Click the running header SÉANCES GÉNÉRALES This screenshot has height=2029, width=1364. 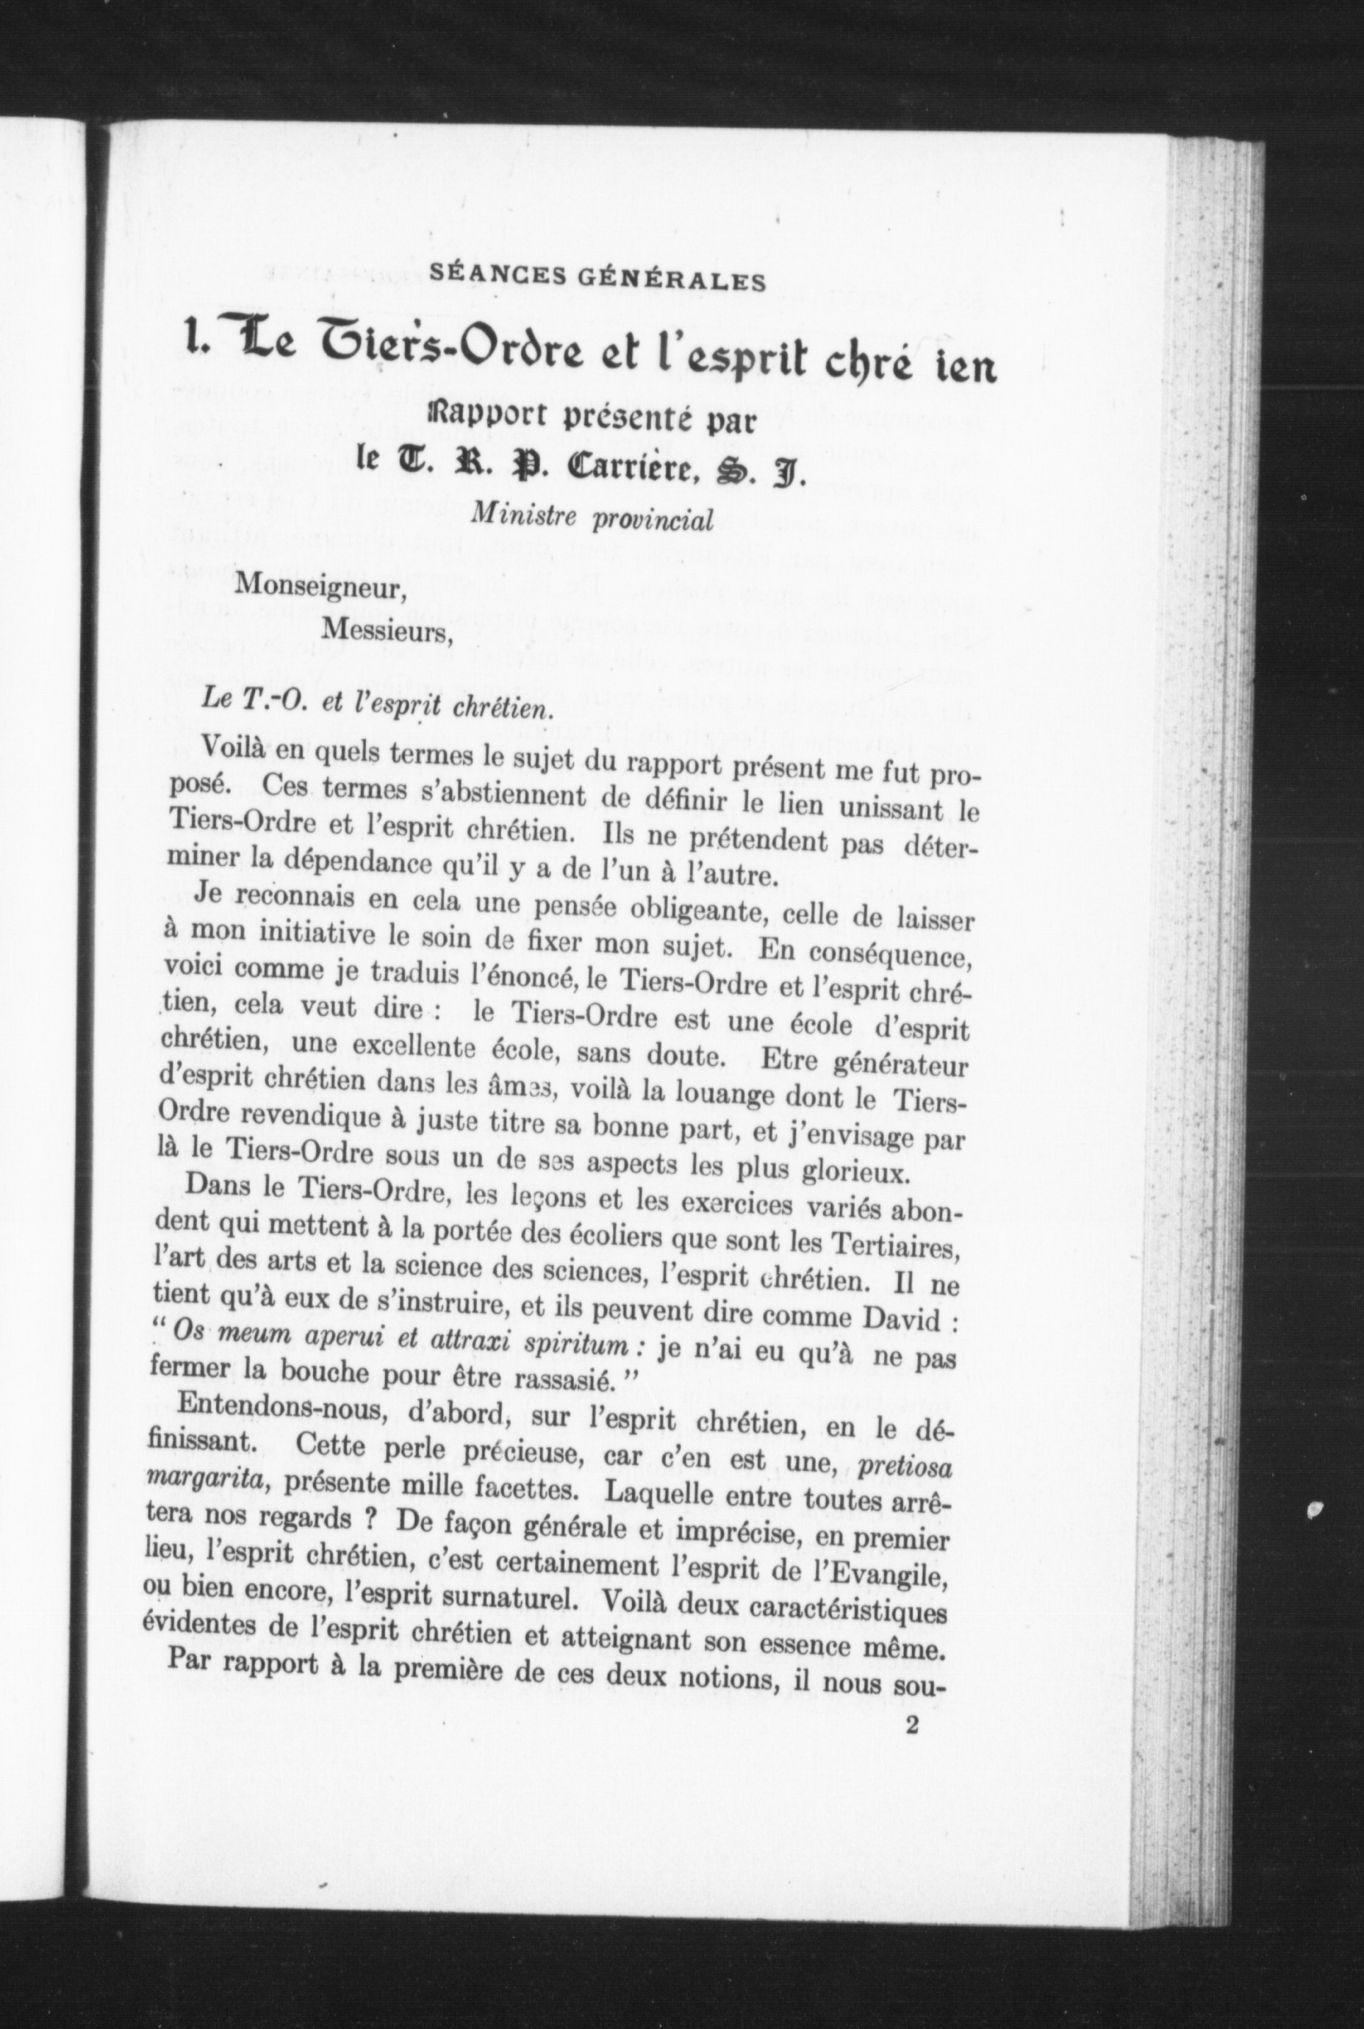click(x=597, y=280)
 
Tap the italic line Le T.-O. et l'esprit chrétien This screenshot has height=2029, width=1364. click(x=376, y=704)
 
